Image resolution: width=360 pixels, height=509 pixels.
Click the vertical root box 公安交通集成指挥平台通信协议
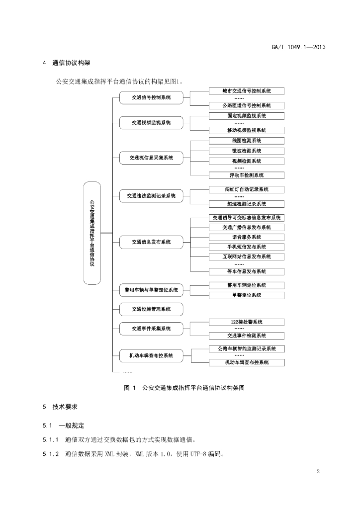pos(92,233)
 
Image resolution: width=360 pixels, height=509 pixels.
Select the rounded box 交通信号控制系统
pos(151,97)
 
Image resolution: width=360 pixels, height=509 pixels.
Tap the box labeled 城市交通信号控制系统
pos(247,91)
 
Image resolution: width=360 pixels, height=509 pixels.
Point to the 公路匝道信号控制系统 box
pos(247,105)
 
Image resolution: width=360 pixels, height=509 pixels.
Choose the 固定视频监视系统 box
pos(247,116)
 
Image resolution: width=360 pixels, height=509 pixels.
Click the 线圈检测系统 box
pos(247,141)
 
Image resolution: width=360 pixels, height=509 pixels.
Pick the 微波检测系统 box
pos(247,151)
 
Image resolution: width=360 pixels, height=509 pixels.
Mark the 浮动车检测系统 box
pos(247,175)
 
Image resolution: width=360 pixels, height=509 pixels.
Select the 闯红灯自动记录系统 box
pos(247,189)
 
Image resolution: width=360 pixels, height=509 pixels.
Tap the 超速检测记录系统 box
pos(247,204)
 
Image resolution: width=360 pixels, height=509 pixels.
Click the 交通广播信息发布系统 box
pos(247,228)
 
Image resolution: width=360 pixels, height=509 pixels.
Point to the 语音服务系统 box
pos(247,237)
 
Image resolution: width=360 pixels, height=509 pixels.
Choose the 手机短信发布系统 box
pos(247,247)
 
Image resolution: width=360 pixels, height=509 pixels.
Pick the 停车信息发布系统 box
pos(247,271)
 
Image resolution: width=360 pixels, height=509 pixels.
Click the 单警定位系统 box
pos(247,295)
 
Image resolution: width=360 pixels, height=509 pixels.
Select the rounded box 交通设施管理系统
pos(151,309)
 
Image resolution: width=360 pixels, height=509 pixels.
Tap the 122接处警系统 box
pos(247,322)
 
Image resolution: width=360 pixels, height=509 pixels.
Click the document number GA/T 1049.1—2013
pos(298,47)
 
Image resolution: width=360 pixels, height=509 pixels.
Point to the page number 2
pos(318,471)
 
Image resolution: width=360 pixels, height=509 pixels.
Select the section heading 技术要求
pos(65,407)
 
